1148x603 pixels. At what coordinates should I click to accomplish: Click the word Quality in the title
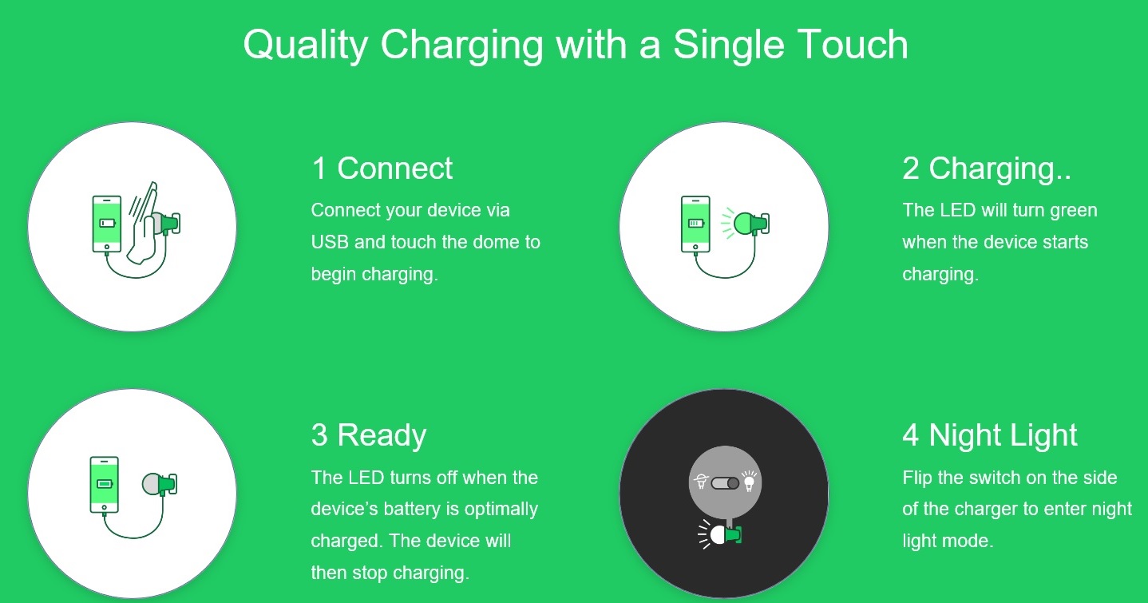306,45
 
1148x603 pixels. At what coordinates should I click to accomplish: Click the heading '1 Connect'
382,169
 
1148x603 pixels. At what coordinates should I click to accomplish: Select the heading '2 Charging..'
987,169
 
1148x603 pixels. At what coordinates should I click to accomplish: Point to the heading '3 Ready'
369,436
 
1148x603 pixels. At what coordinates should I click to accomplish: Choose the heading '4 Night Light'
990,436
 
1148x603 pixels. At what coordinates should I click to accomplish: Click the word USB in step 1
329,242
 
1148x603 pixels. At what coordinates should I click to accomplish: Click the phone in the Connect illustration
107,224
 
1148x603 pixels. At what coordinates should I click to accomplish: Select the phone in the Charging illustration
695,224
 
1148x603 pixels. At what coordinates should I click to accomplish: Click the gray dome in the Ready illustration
152,483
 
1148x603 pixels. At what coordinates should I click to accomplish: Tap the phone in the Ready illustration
104,485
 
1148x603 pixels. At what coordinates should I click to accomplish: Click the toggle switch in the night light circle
725,483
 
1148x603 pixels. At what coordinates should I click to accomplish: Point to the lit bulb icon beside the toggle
750,481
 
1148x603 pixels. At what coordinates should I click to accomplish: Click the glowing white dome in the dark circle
718,535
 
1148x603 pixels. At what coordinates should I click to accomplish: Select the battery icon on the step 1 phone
108,223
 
